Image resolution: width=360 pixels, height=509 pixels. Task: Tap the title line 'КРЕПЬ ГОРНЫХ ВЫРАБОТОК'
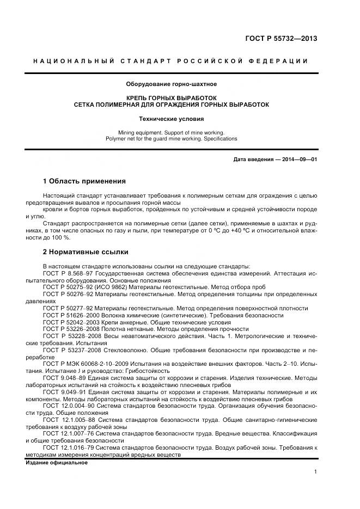click(x=172, y=97)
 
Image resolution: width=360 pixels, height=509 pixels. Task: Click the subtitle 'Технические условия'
click(x=172, y=118)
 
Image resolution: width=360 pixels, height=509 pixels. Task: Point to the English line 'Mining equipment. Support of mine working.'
click(x=172, y=132)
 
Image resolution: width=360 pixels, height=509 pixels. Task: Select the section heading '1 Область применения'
click(x=84, y=181)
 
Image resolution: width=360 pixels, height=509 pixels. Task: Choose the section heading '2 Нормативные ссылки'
click(x=86, y=252)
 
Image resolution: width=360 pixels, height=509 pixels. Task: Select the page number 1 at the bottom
click(x=316, y=472)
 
